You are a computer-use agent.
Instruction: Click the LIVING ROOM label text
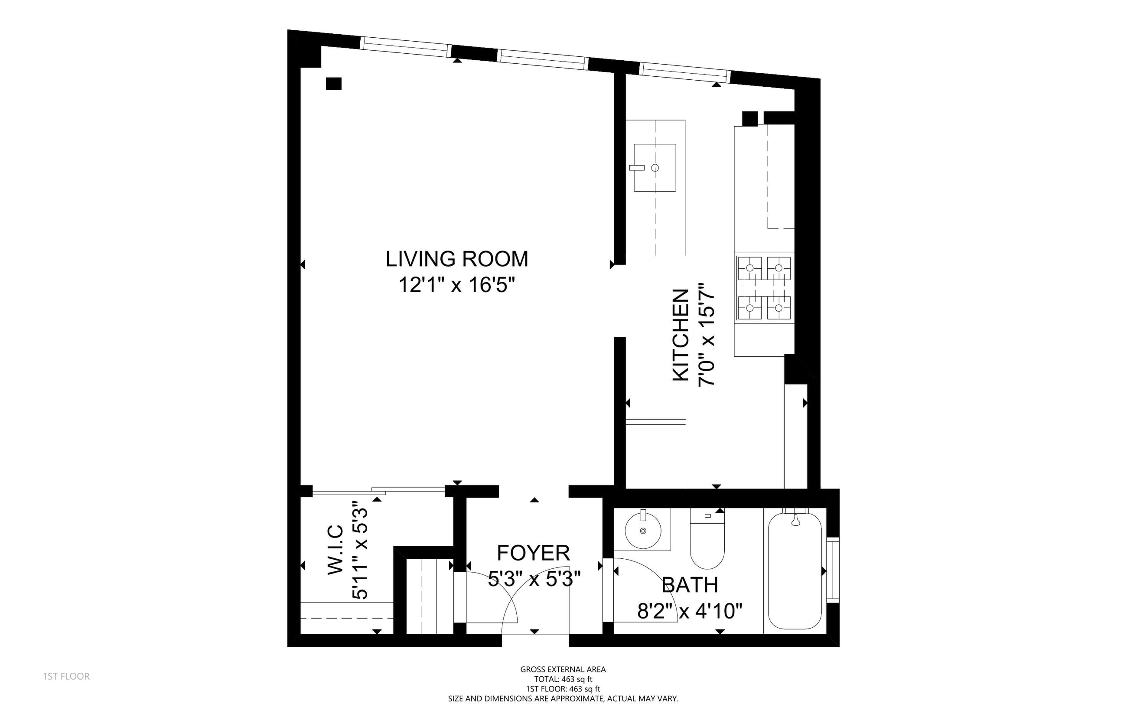click(x=457, y=259)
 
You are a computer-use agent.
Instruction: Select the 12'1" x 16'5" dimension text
click(x=457, y=285)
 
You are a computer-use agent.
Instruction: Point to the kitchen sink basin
click(x=655, y=168)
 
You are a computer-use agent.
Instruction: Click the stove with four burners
click(x=764, y=288)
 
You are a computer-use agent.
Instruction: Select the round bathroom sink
click(x=643, y=531)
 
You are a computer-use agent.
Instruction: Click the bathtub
click(x=795, y=570)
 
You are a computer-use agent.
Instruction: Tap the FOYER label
click(x=534, y=553)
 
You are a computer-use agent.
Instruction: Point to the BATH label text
click(x=690, y=585)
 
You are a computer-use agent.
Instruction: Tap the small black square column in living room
click(x=333, y=83)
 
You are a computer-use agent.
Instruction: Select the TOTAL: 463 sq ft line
click(x=563, y=679)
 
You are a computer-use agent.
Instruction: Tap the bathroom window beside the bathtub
click(x=833, y=570)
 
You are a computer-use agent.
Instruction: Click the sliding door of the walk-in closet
click(x=378, y=490)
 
